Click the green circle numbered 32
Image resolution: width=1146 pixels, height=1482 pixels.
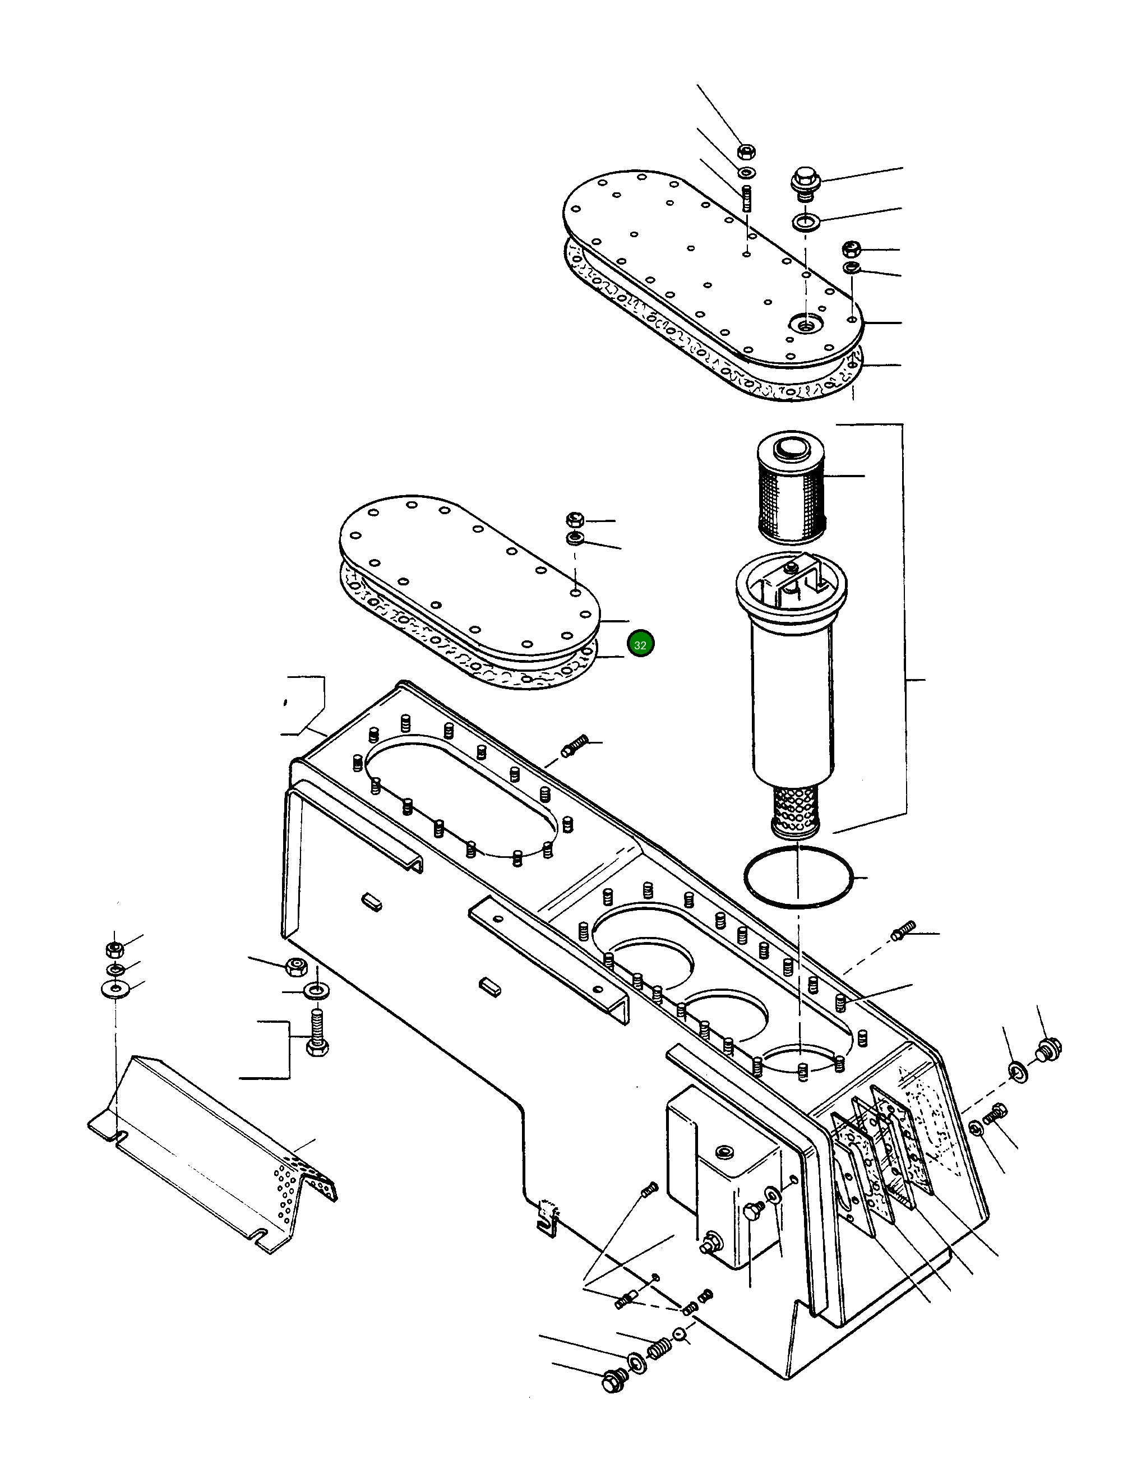(x=640, y=644)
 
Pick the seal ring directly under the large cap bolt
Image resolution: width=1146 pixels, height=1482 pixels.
(x=805, y=221)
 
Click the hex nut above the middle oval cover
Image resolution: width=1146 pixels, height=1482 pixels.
(x=575, y=520)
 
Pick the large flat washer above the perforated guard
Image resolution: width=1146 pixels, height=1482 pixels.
(x=116, y=989)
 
